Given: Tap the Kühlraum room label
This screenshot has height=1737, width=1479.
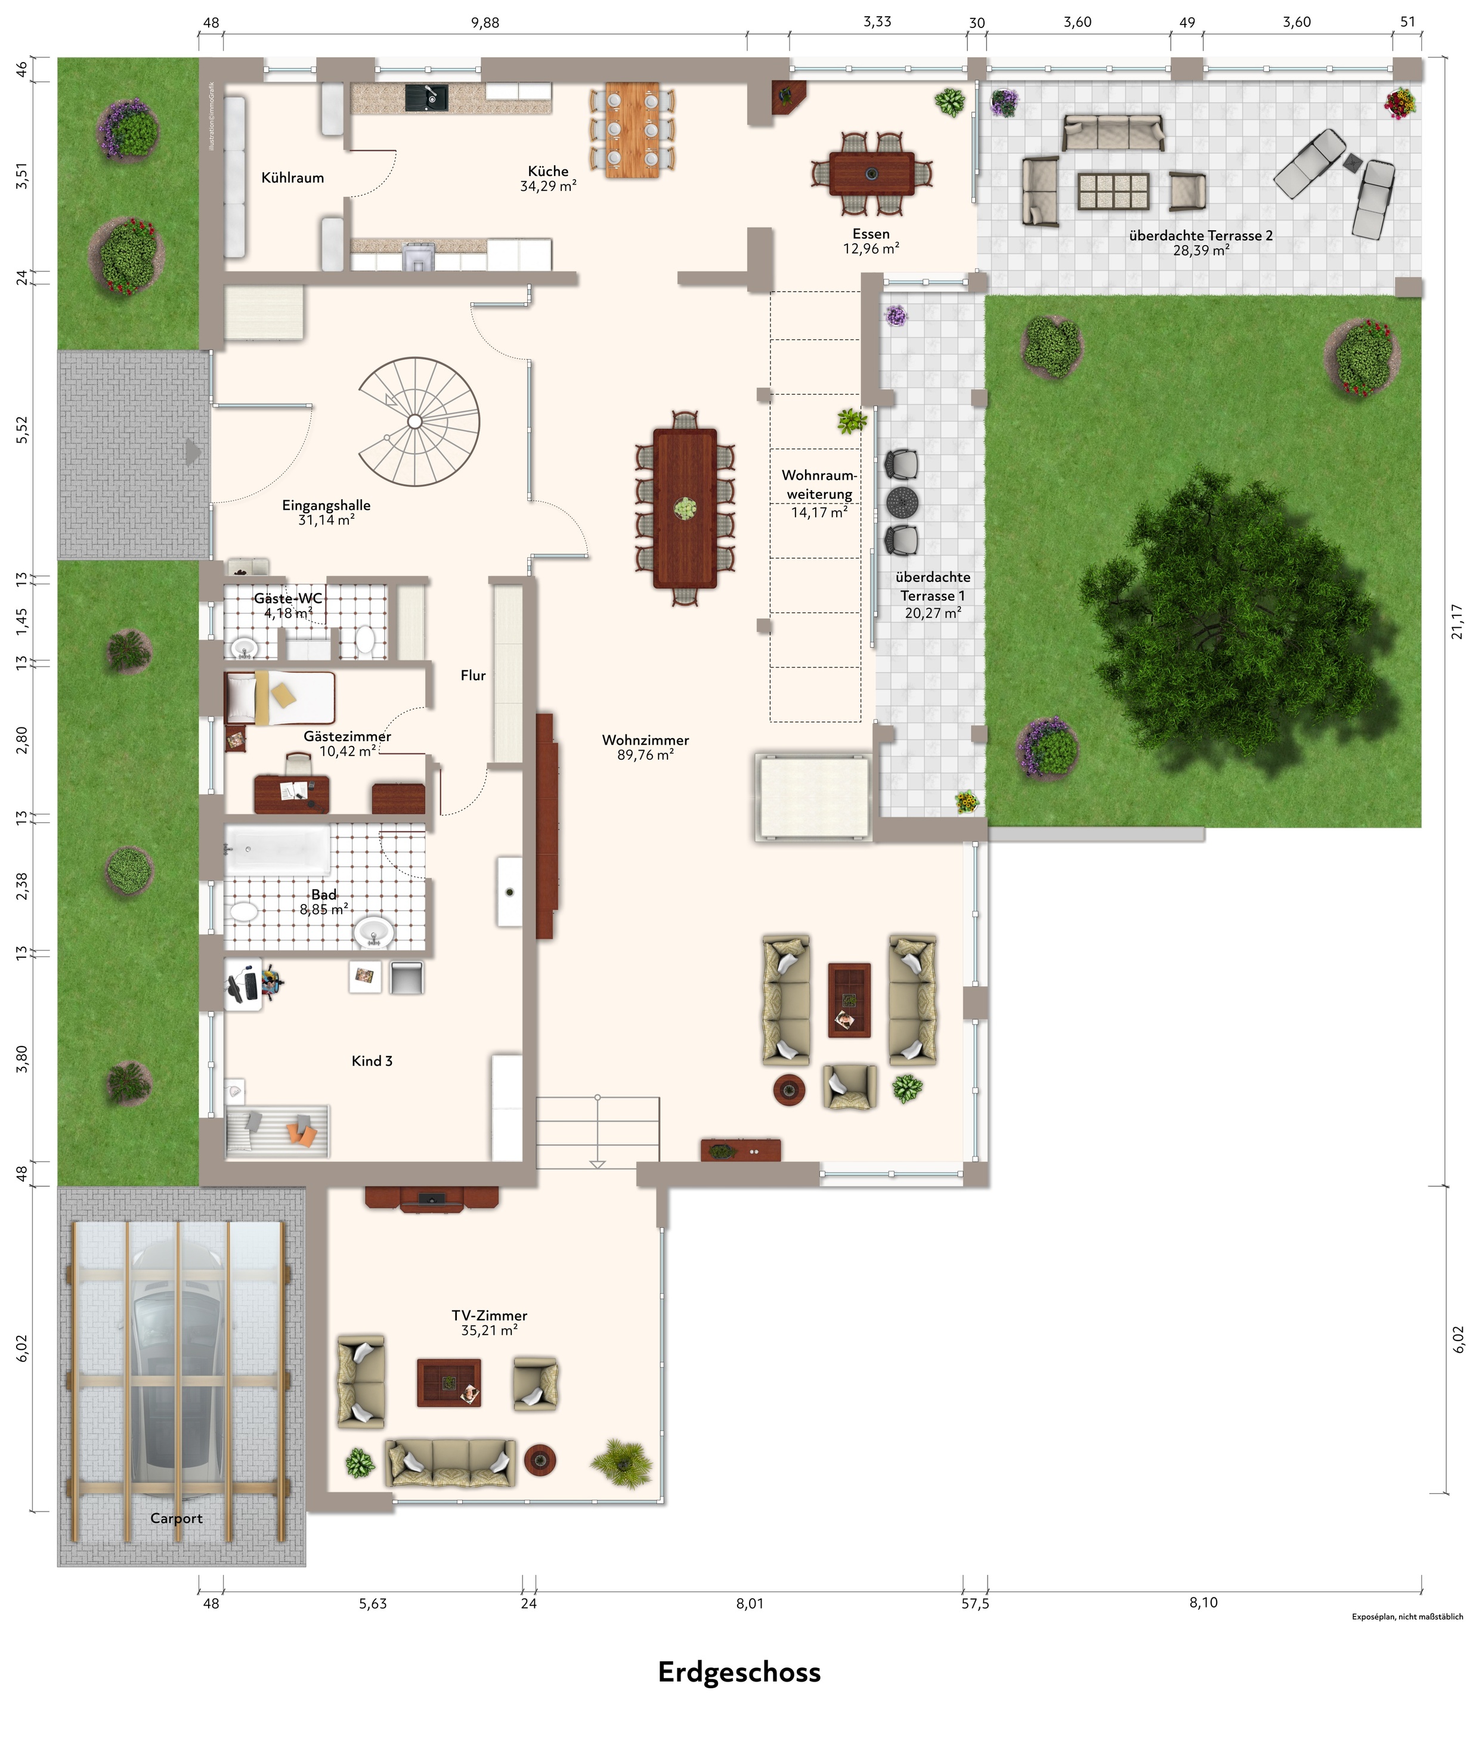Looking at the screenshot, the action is pos(293,178).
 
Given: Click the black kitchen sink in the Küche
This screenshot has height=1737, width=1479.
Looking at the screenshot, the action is pos(427,98).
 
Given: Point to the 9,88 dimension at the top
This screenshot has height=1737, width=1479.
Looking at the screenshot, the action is pos(485,23).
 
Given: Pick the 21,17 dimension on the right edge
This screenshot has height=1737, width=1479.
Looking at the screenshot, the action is pos(1457,621).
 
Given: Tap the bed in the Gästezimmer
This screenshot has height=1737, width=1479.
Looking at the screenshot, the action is pos(280,698).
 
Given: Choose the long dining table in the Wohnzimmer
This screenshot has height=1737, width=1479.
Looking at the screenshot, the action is pos(685,508).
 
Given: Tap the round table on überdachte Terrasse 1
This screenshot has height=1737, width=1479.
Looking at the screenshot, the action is pos(902,503).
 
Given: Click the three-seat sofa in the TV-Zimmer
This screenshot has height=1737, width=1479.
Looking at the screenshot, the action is pos(451,1463).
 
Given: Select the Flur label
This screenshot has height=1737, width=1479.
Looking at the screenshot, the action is pos(473,675).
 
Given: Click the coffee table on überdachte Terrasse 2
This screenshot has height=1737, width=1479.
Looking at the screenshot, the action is pos(1113,191).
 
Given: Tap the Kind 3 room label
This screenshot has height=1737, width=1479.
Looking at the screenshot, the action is pos(372,1060).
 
